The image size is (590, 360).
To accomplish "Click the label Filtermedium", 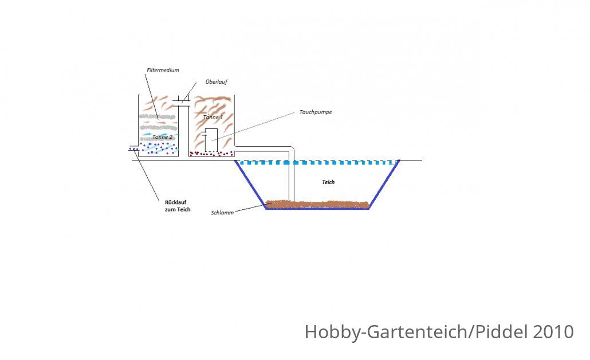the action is (163, 70).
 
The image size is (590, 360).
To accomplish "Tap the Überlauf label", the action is (217, 82).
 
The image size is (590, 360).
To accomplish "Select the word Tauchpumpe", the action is (316, 112).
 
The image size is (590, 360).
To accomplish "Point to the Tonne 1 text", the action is (213, 117).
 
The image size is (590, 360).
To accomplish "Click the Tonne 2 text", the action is (162, 136).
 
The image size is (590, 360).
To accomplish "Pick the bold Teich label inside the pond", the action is (328, 182).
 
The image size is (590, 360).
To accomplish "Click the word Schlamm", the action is (222, 213).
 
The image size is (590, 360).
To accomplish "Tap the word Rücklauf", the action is (176, 202).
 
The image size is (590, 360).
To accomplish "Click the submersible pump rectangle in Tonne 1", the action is (211, 140).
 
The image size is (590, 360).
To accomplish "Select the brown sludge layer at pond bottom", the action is (317, 204).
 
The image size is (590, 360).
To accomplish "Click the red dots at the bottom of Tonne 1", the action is (211, 153).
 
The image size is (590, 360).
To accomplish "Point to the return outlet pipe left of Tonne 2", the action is (134, 148).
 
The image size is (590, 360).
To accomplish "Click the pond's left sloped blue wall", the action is (250, 184).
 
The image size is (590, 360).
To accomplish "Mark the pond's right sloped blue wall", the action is (384, 184).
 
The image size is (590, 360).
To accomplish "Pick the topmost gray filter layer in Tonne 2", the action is (158, 117).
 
